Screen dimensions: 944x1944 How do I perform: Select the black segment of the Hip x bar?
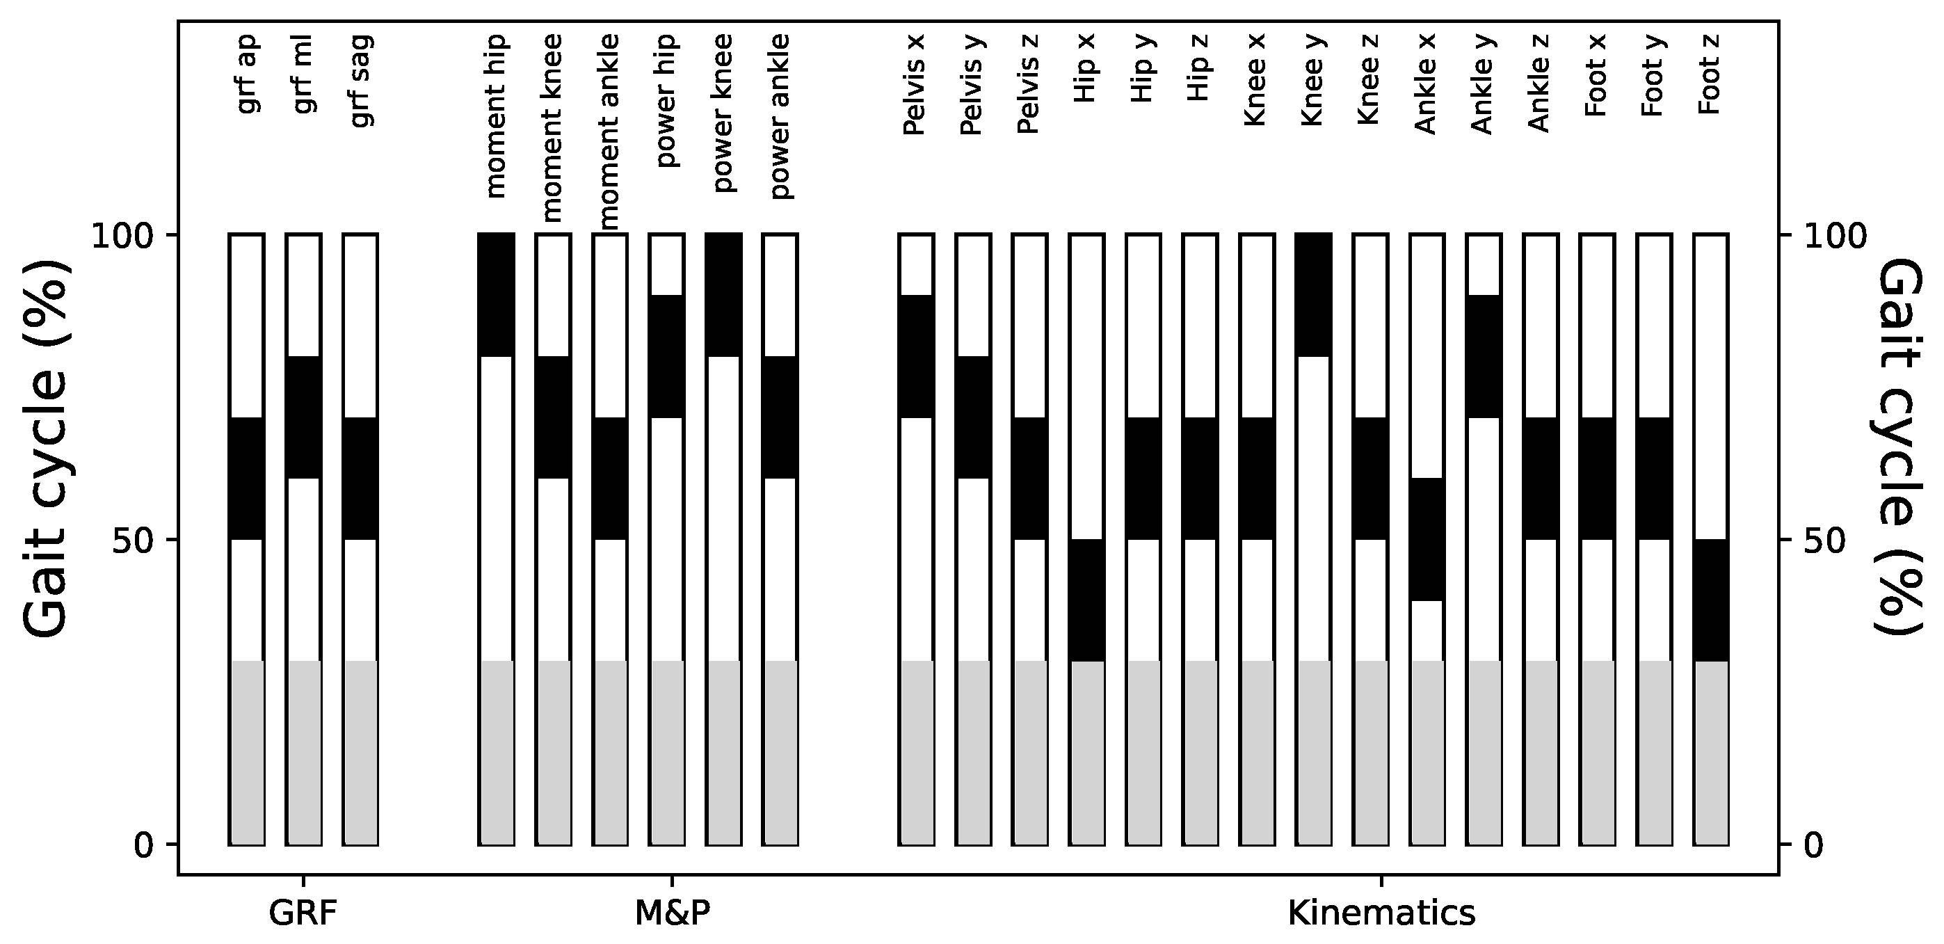[1086, 600]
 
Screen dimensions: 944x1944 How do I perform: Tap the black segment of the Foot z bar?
[1710, 600]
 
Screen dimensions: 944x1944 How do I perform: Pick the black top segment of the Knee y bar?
[1313, 295]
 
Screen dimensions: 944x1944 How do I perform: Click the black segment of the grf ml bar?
[303, 417]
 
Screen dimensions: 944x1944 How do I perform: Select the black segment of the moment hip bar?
[497, 295]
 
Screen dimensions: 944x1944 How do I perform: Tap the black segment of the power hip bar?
[666, 356]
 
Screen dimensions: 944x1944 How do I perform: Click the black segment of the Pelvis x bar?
[916, 356]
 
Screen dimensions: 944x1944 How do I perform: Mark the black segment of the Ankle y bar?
[1483, 356]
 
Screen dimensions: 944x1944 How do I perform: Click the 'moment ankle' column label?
[609, 131]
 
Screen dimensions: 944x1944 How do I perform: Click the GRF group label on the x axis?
[303, 913]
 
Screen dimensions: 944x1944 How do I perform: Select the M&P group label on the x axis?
[673, 913]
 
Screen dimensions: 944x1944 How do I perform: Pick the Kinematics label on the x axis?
[1381, 913]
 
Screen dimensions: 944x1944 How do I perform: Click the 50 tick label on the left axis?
[133, 541]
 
